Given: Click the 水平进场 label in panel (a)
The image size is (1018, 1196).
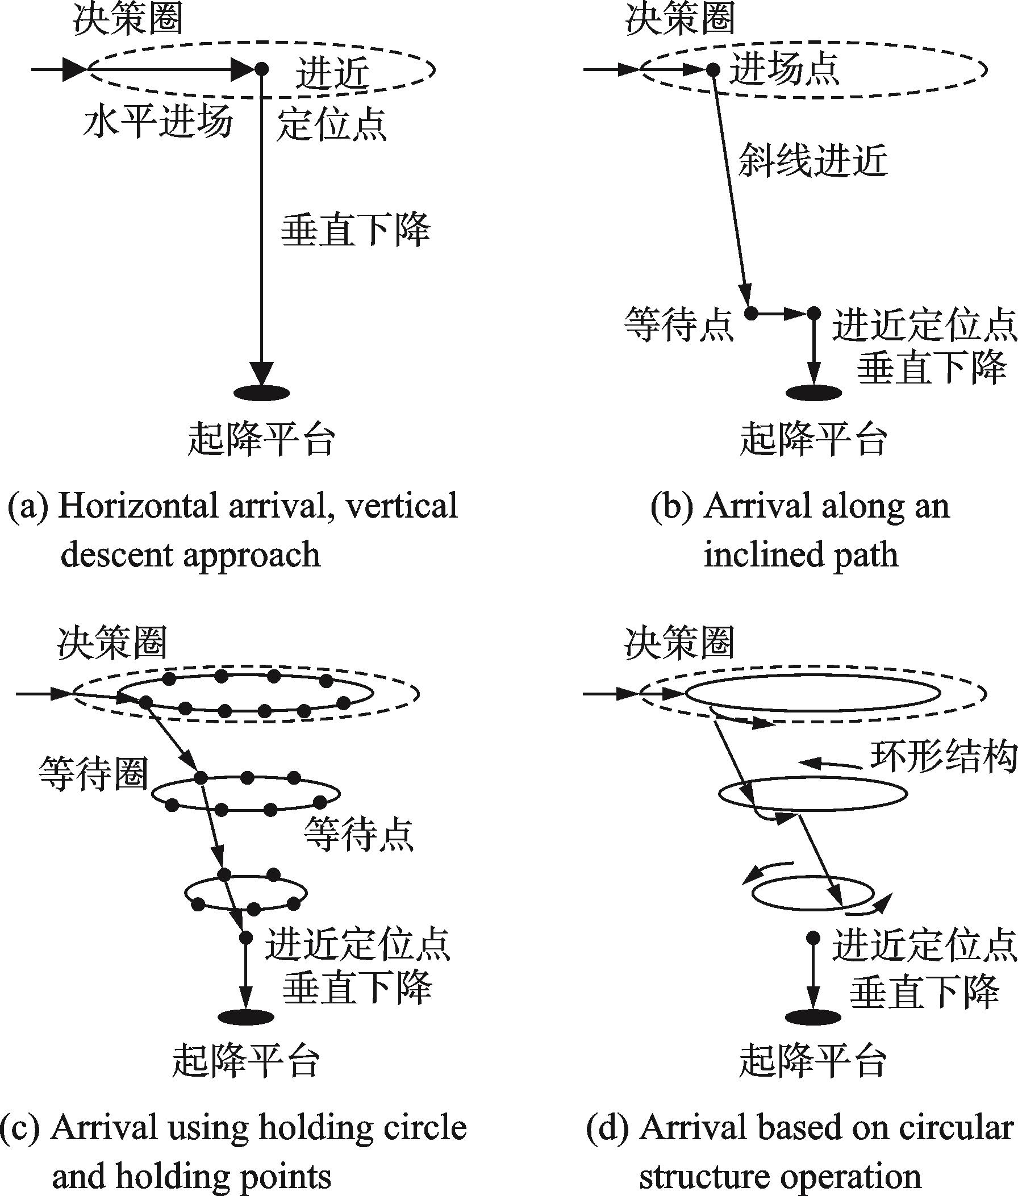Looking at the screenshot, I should (x=157, y=123).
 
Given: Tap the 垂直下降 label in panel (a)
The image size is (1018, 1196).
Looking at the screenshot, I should (x=356, y=230).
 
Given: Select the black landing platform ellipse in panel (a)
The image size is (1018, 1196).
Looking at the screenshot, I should (x=261, y=393).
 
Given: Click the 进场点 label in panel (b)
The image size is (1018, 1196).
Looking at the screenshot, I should (x=785, y=70).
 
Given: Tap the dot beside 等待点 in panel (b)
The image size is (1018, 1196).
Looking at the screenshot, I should (x=751, y=314).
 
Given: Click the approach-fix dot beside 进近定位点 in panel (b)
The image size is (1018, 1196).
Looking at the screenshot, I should (x=813, y=314).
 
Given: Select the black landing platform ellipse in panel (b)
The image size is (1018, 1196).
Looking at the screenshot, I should (x=813, y=393).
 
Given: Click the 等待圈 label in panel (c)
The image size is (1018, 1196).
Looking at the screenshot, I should (x=94, y=774).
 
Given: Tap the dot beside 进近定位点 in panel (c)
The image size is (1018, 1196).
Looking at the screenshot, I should (x=246, y=937).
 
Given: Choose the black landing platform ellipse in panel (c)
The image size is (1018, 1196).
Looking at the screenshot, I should (x=247, y=1017).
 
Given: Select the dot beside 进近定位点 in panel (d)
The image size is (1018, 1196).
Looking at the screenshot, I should (x=813, y=937).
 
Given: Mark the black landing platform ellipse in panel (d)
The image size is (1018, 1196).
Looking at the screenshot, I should (x=813, y=1017).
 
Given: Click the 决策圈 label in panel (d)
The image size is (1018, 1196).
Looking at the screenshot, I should (x=679, y=643).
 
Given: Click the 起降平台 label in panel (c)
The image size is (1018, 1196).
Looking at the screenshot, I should (x=246, y=1061).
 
